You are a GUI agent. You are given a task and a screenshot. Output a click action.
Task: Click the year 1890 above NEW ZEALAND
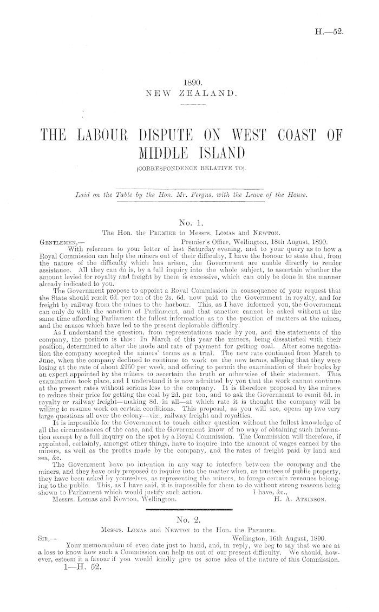[193, 83]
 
